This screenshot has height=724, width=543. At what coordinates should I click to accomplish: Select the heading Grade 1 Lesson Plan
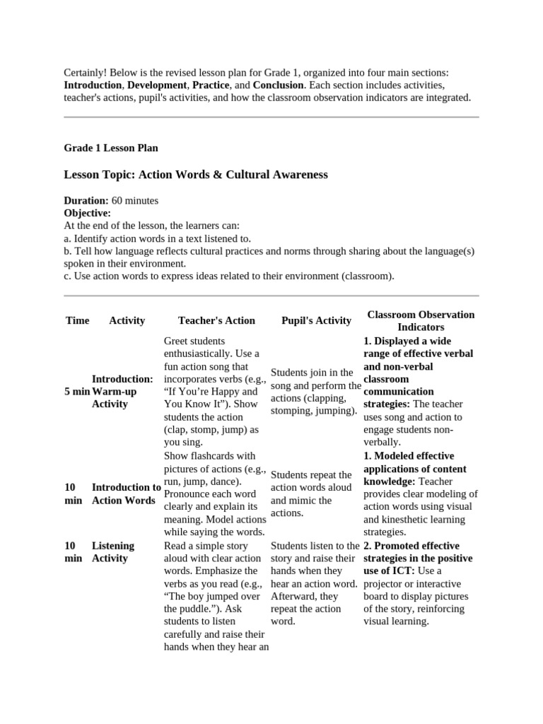point(111,148)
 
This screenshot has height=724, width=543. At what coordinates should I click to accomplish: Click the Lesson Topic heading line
point(196,174)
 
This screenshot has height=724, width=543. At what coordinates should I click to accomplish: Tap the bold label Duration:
point(86,200)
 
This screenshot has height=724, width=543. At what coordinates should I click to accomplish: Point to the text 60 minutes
point(135,200)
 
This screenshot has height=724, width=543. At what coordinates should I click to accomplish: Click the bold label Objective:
point(88,213)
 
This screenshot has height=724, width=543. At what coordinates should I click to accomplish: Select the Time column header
point(77,320)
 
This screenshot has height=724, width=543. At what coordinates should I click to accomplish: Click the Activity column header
point(127,320)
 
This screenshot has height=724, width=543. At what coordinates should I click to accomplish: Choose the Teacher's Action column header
point(216,320)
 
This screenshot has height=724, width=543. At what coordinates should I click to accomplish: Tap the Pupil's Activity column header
point(316,320)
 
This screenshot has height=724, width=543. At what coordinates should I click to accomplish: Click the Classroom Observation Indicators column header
point(421,320)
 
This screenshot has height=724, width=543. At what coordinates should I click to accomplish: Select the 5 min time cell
point(77,391)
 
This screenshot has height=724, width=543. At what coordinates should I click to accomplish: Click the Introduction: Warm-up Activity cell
point(122,391)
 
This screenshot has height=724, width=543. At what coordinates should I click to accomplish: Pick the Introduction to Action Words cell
point(126,494)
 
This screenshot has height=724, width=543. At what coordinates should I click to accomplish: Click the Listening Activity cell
point(113,551)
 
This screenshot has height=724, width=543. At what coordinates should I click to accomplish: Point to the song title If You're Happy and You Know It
point(211,397)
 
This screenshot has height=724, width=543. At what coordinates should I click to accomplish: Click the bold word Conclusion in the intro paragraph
point(279,86)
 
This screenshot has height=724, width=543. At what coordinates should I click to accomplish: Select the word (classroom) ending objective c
point(368,276)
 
